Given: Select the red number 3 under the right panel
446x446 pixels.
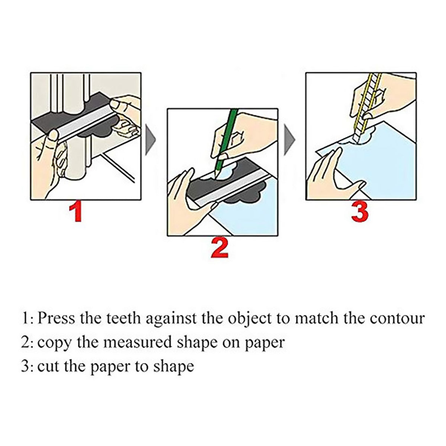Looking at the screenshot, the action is (x=360, y=211).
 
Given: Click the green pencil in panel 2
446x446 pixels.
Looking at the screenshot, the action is (x=226, y=143).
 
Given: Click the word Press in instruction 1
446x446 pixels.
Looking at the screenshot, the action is (x=56, y=318).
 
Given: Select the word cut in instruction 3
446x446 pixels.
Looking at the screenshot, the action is (x=48, y=367).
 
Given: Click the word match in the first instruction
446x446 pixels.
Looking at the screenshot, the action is (x=316, y=318).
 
